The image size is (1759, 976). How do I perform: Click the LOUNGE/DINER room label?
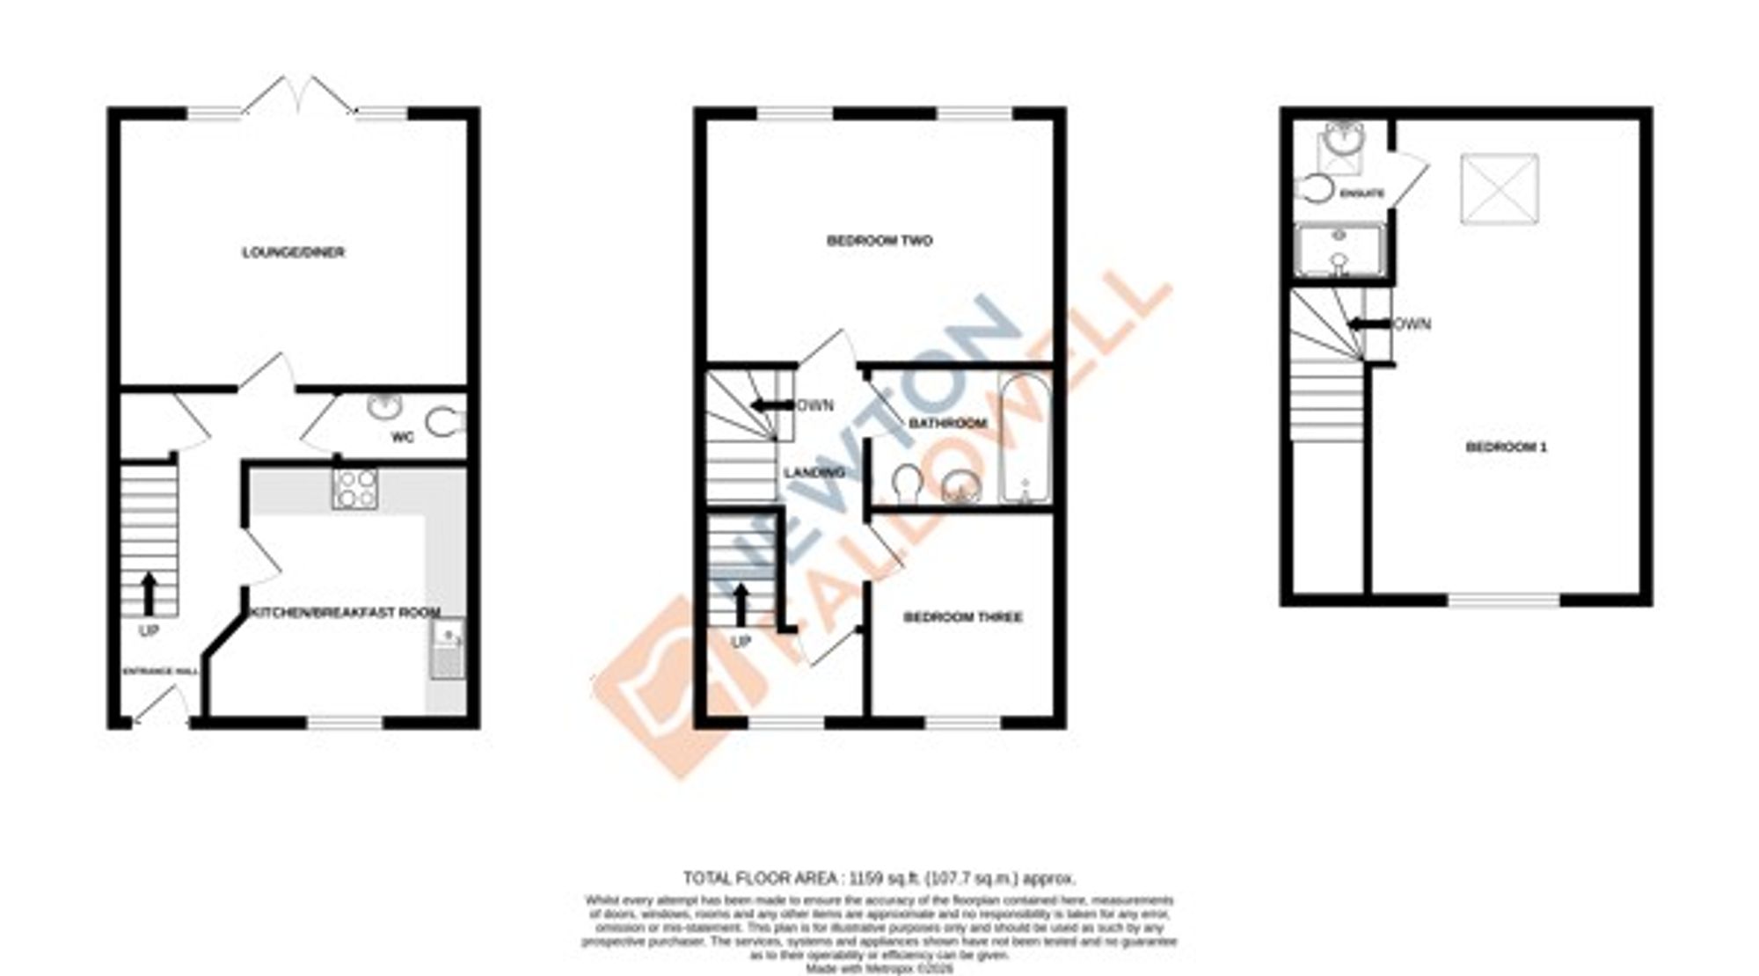293,252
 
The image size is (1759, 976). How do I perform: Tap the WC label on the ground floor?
402,437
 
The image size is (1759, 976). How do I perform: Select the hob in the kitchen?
355,488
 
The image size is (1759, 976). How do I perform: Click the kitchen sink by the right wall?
448,649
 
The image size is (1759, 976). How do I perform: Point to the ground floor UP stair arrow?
149,594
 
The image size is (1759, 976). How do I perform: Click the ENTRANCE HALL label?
159,672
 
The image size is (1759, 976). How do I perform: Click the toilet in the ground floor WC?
446,422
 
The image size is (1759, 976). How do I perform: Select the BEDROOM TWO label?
879,240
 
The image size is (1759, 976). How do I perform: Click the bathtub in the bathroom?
1024,440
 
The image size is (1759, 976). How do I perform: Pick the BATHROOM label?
947,423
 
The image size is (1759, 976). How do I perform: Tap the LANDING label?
814,473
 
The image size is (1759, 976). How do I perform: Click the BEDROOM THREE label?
963,617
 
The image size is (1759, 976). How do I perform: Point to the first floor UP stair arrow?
741,604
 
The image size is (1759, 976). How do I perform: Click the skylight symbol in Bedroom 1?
1500,189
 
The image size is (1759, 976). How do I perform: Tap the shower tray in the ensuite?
1339,251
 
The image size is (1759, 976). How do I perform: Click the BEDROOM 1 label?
1507,447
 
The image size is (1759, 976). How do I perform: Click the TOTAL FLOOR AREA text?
879,878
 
